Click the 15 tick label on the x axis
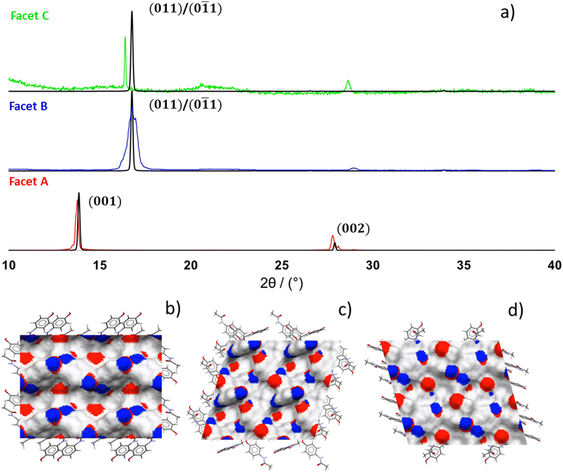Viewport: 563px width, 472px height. (100, 264)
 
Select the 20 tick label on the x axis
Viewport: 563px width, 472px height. (191, 264)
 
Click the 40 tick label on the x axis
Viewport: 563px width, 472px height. (554, 264)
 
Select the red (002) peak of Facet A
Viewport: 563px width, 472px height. (333, 238)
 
